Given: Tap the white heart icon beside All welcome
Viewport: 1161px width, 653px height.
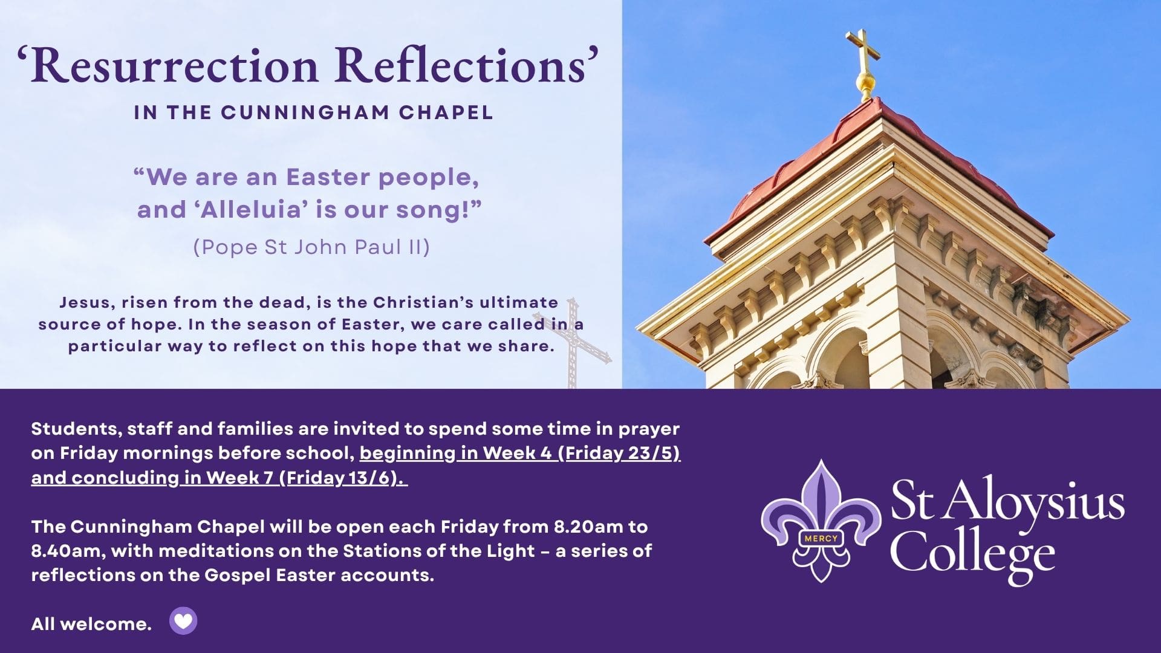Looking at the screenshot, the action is [183, 621].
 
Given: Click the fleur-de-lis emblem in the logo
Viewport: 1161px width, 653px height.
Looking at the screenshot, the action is [821, 521].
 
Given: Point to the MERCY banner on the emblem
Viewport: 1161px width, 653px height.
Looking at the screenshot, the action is [821, 538].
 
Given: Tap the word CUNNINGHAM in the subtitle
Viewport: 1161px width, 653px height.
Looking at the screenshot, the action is [305, 112].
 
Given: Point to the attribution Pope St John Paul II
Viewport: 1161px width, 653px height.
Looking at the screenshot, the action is [311, 247].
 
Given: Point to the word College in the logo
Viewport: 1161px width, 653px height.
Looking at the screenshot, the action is [972, 551].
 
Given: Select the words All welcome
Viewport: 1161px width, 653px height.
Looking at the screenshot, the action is [91, 624].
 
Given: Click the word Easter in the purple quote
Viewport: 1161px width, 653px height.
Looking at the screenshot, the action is [328, 177].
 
